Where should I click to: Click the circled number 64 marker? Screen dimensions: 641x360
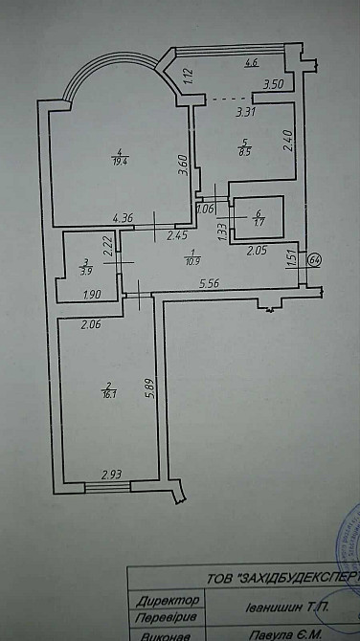[x=316, y=259]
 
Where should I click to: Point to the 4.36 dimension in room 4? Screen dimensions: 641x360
[x=122, y=218]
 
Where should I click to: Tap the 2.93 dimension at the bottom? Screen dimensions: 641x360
[x=113, y=474]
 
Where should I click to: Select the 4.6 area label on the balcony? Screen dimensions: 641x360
[x=252, y=63]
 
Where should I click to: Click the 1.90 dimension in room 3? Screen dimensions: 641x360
[x=92, y=294]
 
